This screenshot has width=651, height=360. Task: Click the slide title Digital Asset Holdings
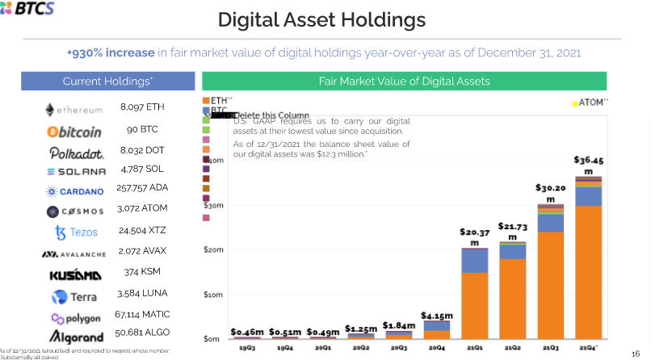(321, 19)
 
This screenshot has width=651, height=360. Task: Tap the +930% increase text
(110, 52)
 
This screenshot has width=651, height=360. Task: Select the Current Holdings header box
(107, 82)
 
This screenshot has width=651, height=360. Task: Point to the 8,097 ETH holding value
(141, 107)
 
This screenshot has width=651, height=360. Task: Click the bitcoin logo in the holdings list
(74, 131)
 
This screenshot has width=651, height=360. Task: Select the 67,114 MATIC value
(142, 314)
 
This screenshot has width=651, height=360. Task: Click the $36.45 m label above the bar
(588, 165)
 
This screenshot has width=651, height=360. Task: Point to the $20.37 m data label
(475, 237)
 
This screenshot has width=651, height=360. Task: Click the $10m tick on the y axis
(212, 295)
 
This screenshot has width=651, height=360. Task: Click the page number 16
(635, 342)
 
